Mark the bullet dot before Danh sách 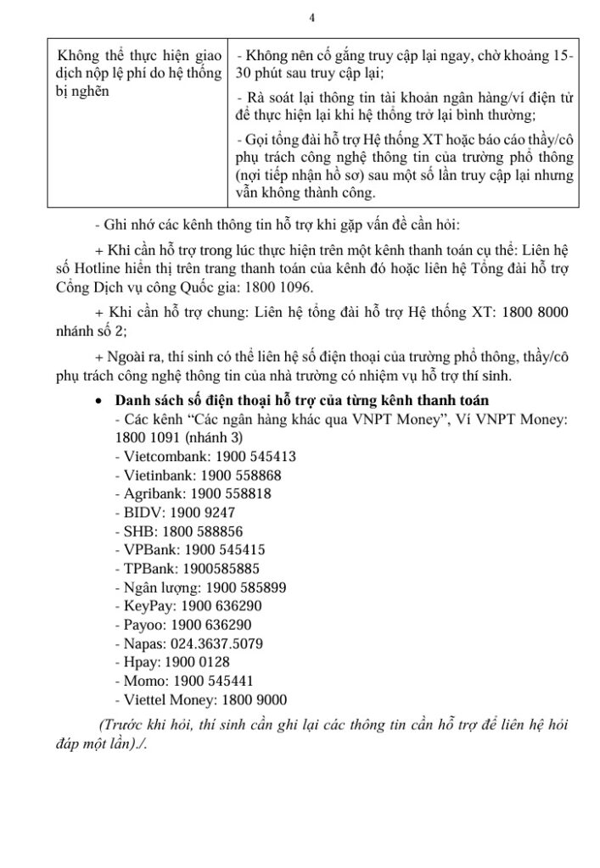click(x=100, y=400)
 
